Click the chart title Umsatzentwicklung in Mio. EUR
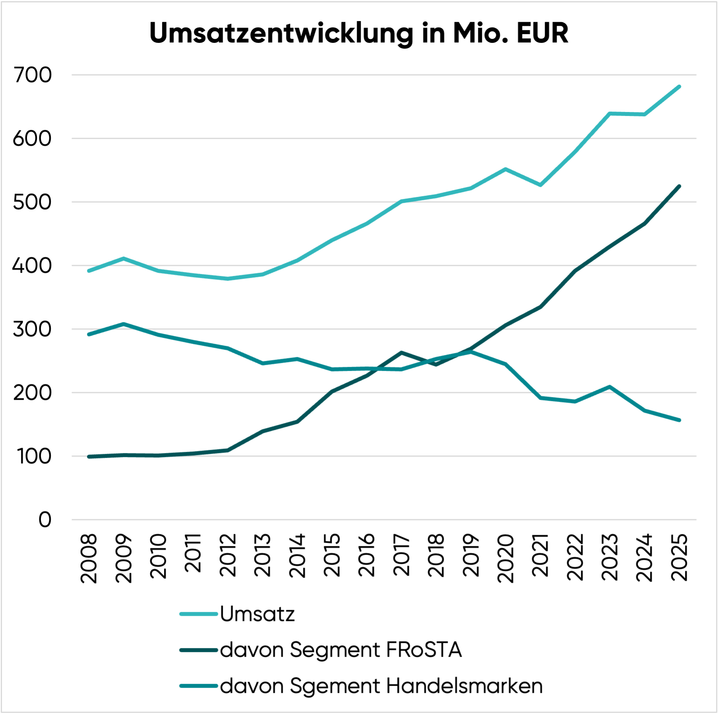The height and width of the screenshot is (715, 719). click(x=359, y=33)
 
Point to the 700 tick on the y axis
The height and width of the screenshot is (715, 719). click(x=33, y=75)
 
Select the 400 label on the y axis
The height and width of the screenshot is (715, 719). click(x=33, y=266)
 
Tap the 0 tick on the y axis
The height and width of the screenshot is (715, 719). click(x=45, y=520)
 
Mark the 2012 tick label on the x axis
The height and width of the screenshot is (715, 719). click(x=228, y=555)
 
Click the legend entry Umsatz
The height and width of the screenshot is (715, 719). click(x=257, y=614)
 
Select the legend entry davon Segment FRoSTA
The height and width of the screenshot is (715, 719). click(x=341, y=650)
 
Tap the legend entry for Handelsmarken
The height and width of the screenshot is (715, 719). click(x=381, y=686)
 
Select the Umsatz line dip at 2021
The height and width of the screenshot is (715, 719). click(x=540, y=185)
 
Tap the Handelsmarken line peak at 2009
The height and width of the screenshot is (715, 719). click(x=124, y=324)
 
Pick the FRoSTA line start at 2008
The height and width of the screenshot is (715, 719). click(x=89, y=457)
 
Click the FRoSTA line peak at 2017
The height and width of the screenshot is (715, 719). click(x=402, y=353)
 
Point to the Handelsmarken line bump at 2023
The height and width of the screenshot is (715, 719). click(x=610, y=387)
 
